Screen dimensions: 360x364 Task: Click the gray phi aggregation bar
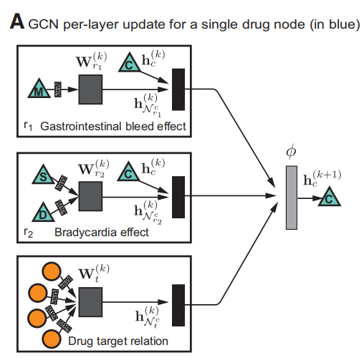pos(291,197)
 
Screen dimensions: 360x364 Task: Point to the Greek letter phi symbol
pos(290,152)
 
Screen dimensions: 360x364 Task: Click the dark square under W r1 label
pos(91,90)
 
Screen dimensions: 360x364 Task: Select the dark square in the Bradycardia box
pos(91,195)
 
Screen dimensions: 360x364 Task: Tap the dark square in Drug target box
pos(91,302)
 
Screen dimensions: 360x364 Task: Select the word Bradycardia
pos(82,233)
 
